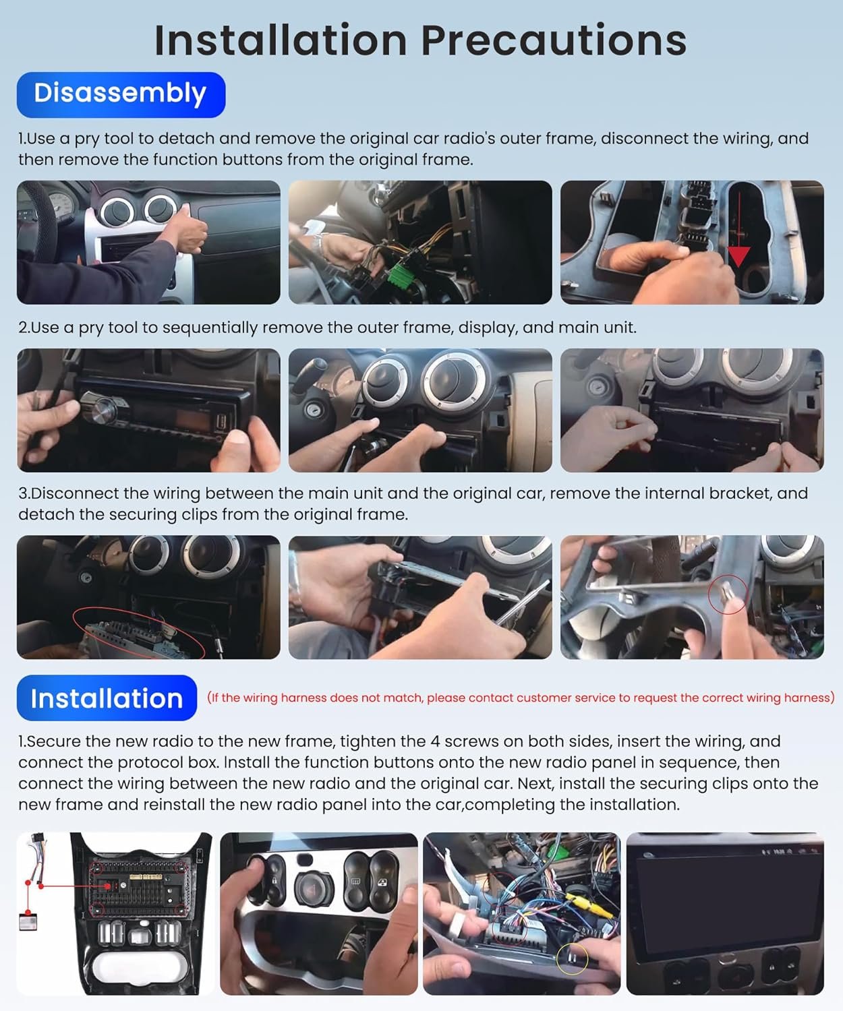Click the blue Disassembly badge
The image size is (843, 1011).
[x=121, y=94]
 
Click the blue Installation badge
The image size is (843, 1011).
[x=107, y=698]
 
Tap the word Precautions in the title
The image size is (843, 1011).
[x=554, y=40]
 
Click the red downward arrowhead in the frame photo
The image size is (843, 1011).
[x=739, y=255]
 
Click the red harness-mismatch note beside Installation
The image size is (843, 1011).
[x=521, y=698]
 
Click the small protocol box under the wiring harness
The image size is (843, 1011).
[x=28, y=921]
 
